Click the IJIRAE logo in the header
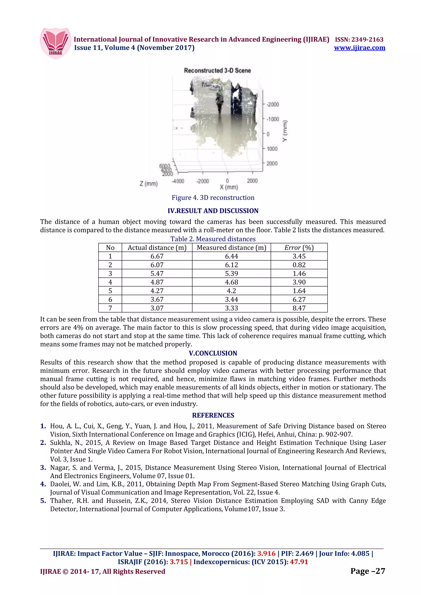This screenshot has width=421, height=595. (x=56, y=43)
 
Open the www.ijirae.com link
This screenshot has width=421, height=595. (x=359, y=48)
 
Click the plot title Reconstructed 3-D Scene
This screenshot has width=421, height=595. (x=217, y=70)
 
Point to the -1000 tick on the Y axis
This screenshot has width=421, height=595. (x=273, y=119)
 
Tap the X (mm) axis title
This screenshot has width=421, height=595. (x=229, y=187)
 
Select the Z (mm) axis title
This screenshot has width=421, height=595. (x=149, y=184)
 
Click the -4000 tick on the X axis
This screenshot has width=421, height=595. (x=178, y=181)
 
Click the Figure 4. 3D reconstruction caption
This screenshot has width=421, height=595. (x=213, y=198)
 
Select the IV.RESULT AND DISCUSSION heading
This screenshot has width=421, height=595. (x=213, y=211)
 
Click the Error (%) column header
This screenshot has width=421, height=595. (x=299, y=248)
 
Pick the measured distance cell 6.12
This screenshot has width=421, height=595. (x=231, y=265)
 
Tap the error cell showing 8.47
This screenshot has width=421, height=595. (x=299, y=308)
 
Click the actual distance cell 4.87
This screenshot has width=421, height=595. (x=157, y=282)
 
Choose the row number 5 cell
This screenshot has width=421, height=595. (x=110, y=291)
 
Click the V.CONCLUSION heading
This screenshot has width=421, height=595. (x=213, y=353)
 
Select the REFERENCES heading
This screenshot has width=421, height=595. (x=213, y=415)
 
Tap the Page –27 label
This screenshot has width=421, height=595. (x=368, y=571)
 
